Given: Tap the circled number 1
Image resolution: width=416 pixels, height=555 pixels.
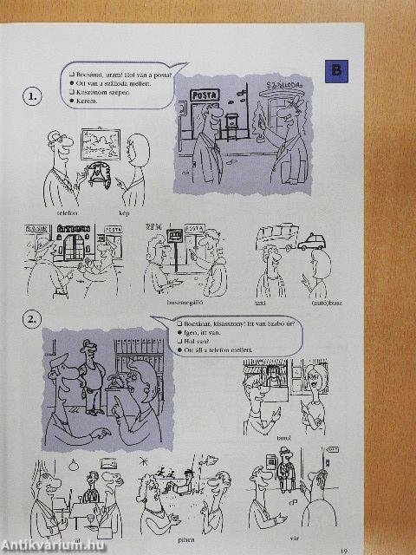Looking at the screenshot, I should coord(32,97).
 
